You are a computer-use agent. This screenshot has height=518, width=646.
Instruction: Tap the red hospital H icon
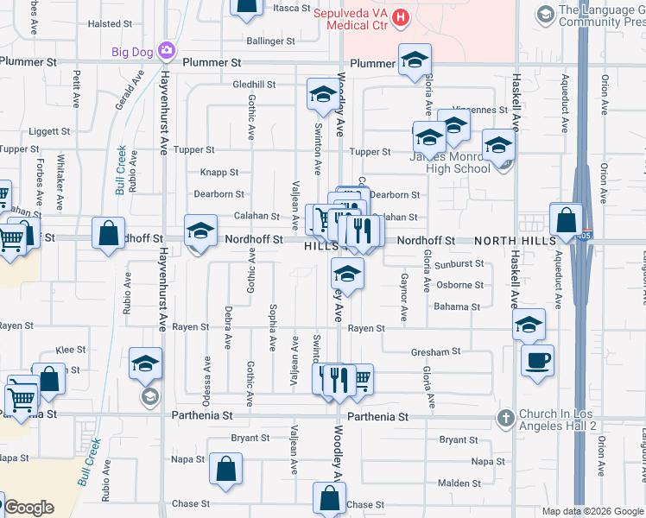[400, 16]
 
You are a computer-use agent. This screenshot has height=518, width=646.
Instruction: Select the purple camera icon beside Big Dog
[166, 52]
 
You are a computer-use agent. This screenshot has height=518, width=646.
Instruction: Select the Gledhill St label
[254, 85]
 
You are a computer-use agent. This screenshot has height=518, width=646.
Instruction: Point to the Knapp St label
[219, 173]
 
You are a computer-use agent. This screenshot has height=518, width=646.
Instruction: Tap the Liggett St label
[48, 131]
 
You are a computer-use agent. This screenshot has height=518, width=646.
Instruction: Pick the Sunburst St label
[459, 263]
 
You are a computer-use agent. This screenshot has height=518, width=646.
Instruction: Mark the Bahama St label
[457, 306]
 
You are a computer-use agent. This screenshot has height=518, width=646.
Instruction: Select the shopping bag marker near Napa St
[225, 469]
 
